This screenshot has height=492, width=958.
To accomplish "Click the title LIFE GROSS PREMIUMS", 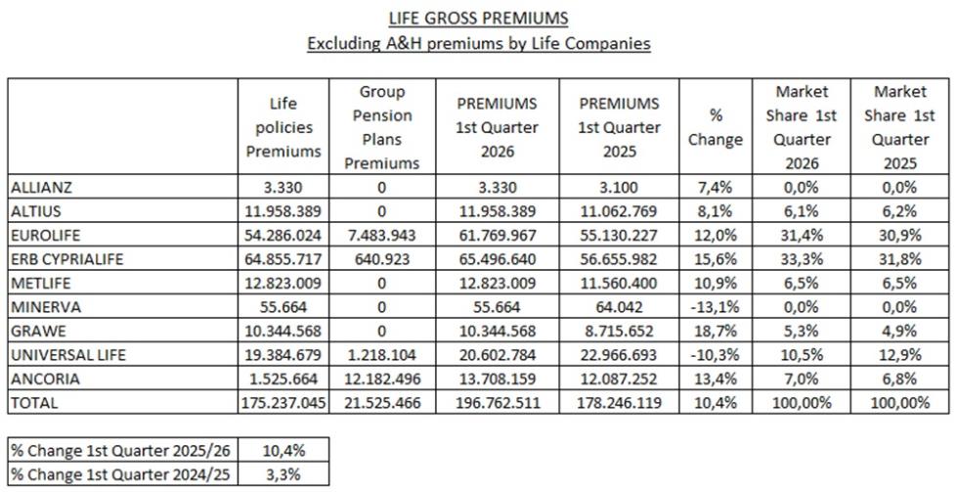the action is click(478, 19).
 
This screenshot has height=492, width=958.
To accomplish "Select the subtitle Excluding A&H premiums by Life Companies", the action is click(478, 44).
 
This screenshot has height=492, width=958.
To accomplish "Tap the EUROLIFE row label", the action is click(45, 236).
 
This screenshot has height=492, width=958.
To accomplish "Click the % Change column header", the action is click(716, 127).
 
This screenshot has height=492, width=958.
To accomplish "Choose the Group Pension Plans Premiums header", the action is click(382, 127).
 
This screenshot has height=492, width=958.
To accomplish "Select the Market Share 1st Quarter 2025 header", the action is click(899, 127).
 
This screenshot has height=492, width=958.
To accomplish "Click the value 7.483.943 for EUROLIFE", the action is click(382, 236).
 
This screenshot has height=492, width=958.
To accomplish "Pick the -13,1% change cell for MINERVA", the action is click(716, 307).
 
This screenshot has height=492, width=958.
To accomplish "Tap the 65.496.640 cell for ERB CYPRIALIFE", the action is click(497, 259).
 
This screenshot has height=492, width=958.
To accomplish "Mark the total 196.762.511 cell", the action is click(497, 403).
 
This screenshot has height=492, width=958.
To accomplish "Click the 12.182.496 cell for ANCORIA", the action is click(382, 379).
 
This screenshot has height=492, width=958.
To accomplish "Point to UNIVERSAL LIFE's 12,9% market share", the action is click(899, 355).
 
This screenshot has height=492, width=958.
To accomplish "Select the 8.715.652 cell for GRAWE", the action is click(619, 332).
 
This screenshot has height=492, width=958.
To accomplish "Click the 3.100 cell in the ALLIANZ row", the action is click(619, 188).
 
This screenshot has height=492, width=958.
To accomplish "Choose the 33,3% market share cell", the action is click(802, 259).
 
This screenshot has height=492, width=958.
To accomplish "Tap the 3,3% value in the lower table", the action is click(283, 474).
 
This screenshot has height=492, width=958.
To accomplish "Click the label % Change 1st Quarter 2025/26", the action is click(121, 451).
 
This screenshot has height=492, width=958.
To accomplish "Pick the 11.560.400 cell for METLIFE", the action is click(619, 283).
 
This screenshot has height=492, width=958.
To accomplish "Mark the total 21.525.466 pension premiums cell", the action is click(382, 403).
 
